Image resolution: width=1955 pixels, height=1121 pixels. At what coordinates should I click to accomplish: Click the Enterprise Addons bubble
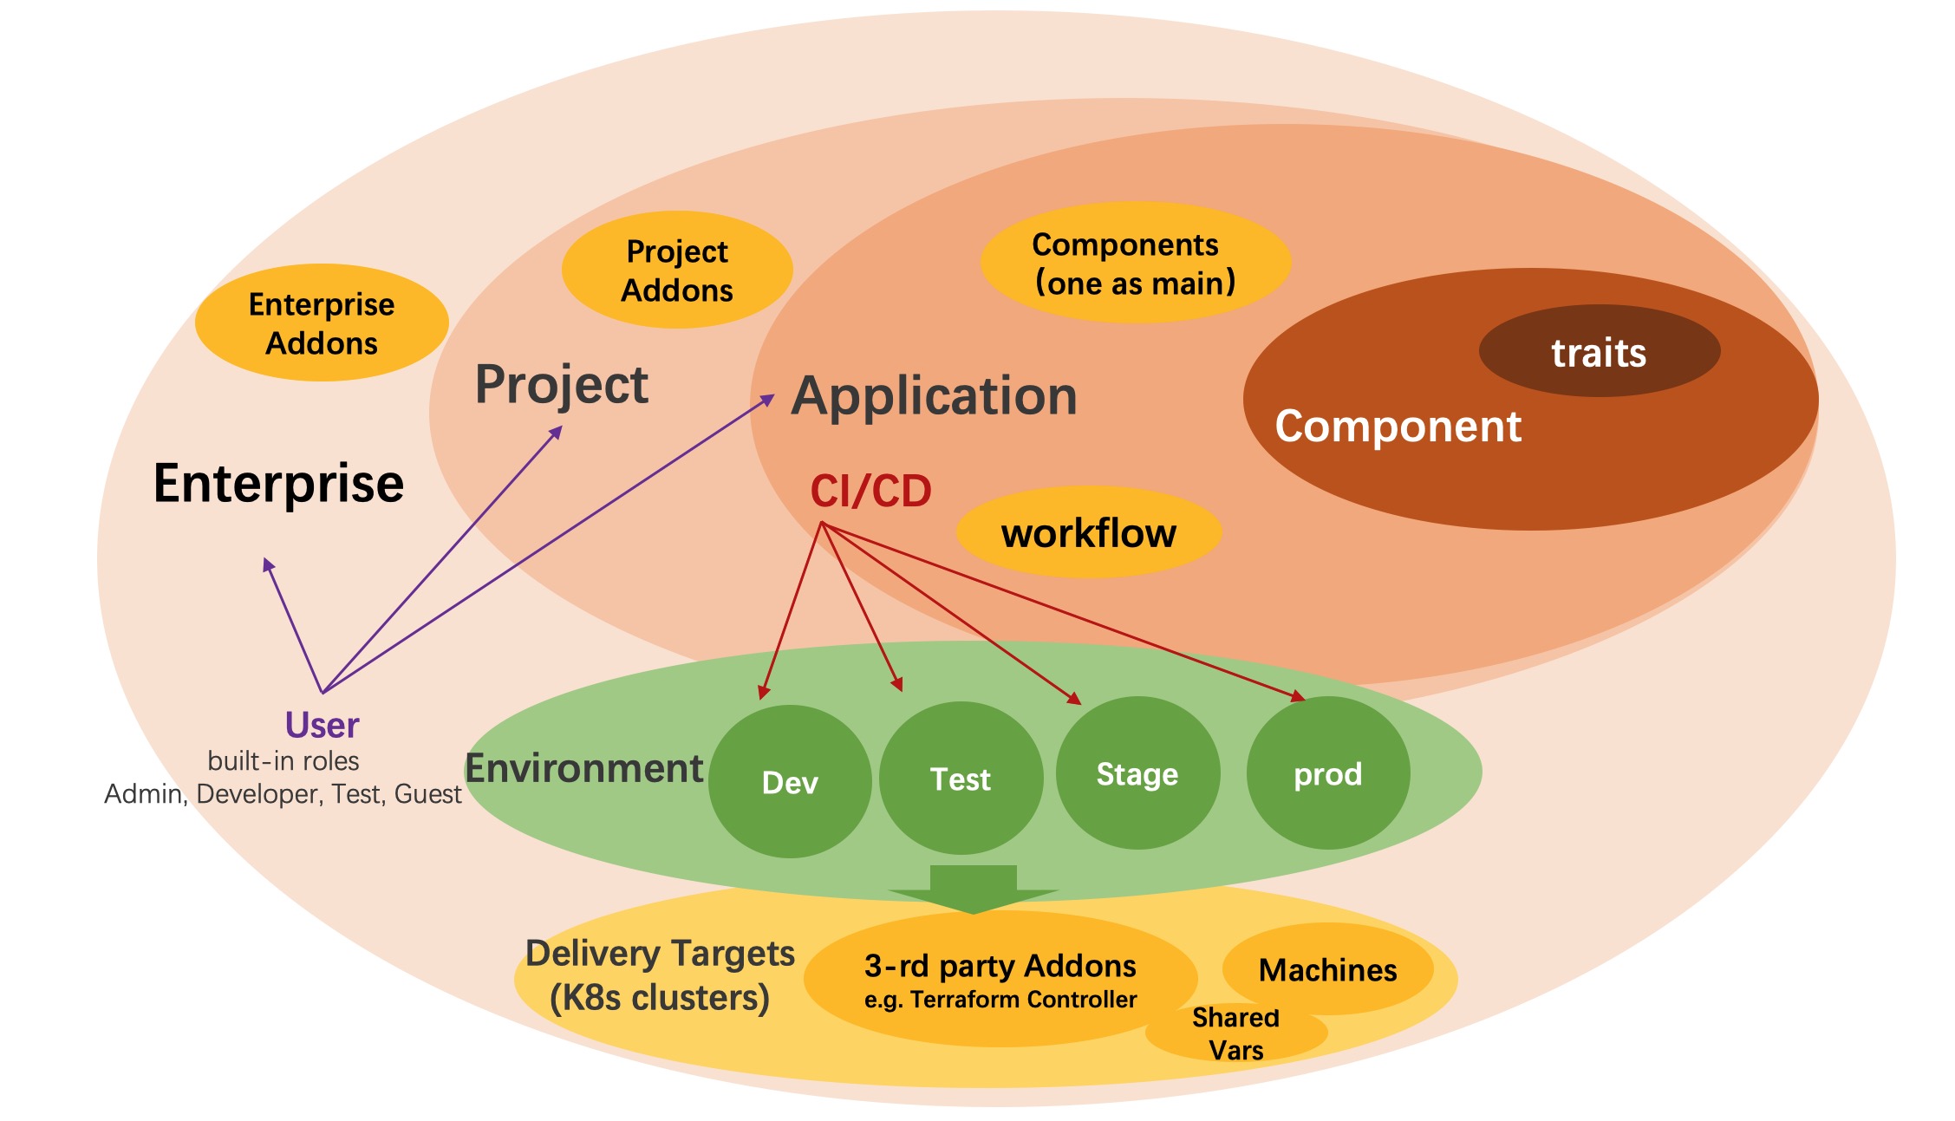point(322,323)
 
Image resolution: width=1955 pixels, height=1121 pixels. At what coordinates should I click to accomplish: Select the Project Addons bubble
point(677,270)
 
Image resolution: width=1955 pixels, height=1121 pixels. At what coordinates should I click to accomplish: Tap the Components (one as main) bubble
point(1135,264)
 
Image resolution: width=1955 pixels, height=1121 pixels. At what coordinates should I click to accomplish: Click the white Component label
point(1398,427)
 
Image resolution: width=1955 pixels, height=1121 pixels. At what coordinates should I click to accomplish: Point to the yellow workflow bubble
point(1089,532)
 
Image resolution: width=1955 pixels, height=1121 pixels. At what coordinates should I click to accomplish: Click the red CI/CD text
point(870,491)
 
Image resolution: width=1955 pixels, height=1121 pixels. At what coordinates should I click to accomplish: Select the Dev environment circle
point(790,782)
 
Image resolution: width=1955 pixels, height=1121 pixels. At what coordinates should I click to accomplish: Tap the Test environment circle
point(961,779)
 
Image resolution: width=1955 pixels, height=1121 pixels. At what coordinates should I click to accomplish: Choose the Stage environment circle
point(1137,773)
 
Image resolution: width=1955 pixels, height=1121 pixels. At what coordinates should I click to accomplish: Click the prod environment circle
point(1328,773)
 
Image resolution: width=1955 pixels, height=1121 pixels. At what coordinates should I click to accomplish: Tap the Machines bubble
point(1327,969)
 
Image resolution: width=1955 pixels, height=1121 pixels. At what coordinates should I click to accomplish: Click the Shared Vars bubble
point(1235,1033)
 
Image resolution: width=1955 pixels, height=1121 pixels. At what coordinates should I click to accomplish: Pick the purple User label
point(322,725)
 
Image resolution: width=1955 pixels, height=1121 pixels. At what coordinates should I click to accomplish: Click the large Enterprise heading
point(278,483)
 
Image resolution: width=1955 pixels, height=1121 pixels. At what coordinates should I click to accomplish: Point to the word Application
point(934,396)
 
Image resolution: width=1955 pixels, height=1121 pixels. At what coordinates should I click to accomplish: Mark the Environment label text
point(583,768)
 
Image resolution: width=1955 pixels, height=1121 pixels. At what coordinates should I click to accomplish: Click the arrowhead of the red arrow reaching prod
point(1299,696)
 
